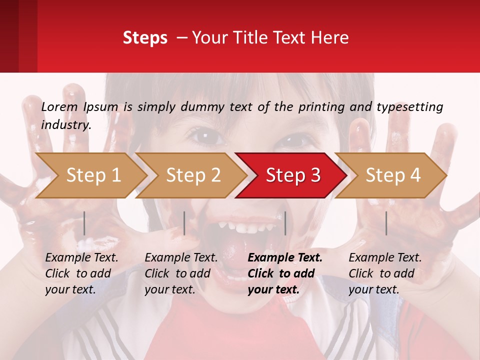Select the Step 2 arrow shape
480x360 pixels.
[x=193, y=175]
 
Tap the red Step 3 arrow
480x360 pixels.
[x=293, y=175]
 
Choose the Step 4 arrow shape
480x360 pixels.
[x=393, y=175]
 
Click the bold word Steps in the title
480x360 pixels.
[x=145, y=38]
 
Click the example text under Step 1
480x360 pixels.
[x=81, y=273]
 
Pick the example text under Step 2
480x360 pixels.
[x=180, y=273]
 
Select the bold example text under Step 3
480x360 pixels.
[x=284, y=273]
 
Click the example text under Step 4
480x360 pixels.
[x=384, y=273]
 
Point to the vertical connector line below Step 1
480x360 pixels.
[x=84, y=223]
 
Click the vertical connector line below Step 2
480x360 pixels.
[x=184, y=223]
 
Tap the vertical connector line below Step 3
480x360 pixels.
[x=285, y=223]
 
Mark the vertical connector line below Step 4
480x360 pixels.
[x=386, y=223]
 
